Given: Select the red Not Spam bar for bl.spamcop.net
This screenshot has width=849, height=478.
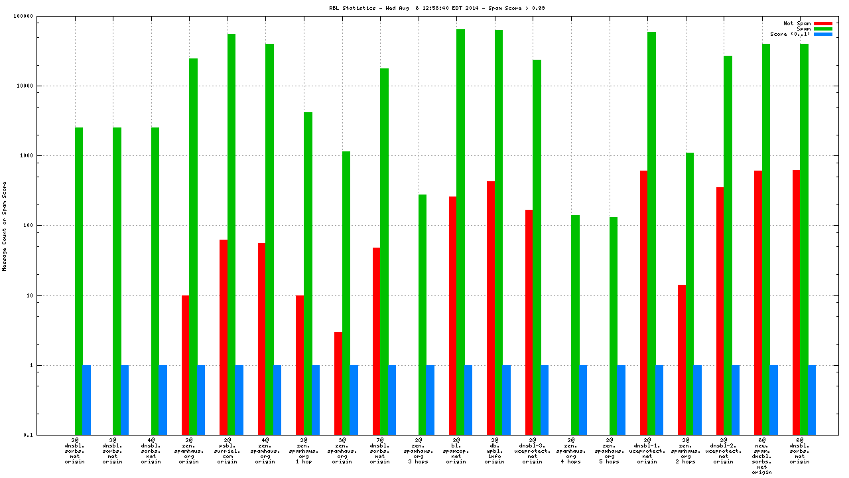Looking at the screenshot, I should pyautogui.click(x=452, y=315).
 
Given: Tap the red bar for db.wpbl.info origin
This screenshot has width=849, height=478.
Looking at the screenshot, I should pyautogui.click(x=491, y=308).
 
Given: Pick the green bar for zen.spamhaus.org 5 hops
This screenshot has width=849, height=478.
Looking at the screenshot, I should pyautogui.click(x=614, y=326).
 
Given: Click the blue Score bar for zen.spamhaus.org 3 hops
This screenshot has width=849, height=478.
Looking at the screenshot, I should pyautogui.click(x=430, y=400).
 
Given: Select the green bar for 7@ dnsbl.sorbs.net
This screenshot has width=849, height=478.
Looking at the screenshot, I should pyautogui.click(x=384, y=252).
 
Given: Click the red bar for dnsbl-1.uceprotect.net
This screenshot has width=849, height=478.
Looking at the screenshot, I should pyautogui.click(x=643, y=303).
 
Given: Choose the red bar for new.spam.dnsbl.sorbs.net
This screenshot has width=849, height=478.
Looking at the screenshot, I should pyautogui.click(x=758, y=303).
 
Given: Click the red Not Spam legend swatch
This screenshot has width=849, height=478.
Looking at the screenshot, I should pyautogui.click(x=823, y=23).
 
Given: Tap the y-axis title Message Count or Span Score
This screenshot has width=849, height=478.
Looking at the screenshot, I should pyautogui.click(x=5, y=226).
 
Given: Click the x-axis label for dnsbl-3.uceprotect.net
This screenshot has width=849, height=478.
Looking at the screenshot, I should pyautogui.click(x=533, y=451).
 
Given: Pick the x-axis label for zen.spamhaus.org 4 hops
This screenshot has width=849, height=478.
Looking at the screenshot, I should pyautogui.click(x=570, y=451).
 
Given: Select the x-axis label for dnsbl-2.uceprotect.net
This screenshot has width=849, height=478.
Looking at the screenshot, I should pyautogui.click(x=724, y=451).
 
